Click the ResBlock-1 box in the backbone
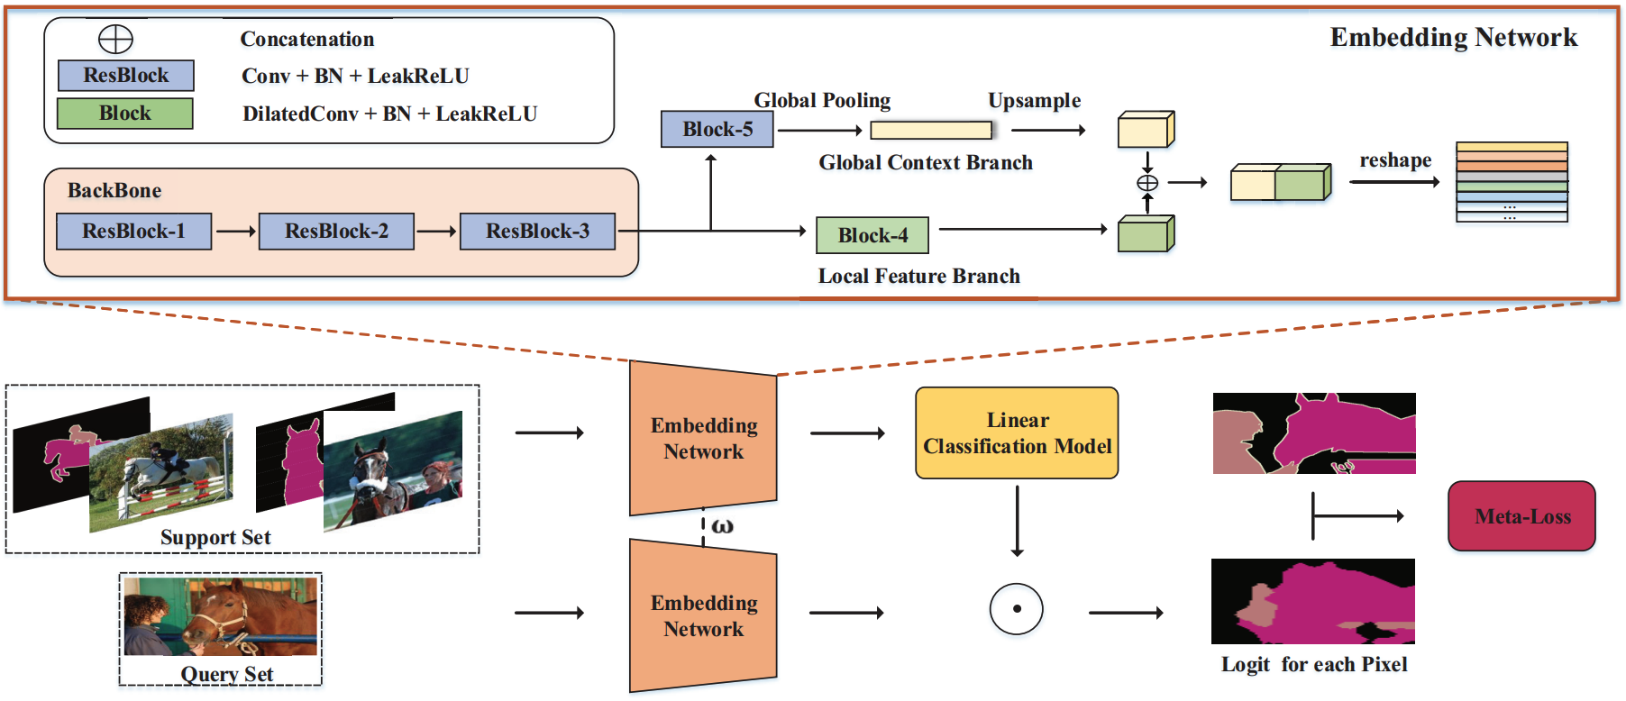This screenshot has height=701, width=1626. click(133, 232)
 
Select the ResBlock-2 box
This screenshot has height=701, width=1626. click(336, 232)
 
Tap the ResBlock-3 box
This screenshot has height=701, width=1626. click(537, 232)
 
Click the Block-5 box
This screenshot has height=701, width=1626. click(717, 129)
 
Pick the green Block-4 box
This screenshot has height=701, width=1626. click(872, 235)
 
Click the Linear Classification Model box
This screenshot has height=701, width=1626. click(1017, 433)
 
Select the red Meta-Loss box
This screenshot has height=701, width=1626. click(1521, 516)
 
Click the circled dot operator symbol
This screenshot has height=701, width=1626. click(1017, 609)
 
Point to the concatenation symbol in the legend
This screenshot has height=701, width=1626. click(115, 40)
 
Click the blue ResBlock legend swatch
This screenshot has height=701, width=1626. click(126, 76)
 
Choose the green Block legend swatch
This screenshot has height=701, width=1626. click(125, 114)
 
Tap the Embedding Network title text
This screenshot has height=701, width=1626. click(1454, 38)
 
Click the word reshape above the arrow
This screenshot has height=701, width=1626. click(1395, 160)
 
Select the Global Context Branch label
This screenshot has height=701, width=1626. click(926, 163)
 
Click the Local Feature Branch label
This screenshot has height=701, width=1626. click(919, 277)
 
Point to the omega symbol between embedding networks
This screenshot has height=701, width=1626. click(723, 526)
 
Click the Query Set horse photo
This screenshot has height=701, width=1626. click(221, 617)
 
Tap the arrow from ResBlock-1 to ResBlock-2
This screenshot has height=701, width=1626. click(236, 232)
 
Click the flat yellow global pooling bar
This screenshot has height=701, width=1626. click(931, 131)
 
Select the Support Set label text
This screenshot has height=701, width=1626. click(215, 538)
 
